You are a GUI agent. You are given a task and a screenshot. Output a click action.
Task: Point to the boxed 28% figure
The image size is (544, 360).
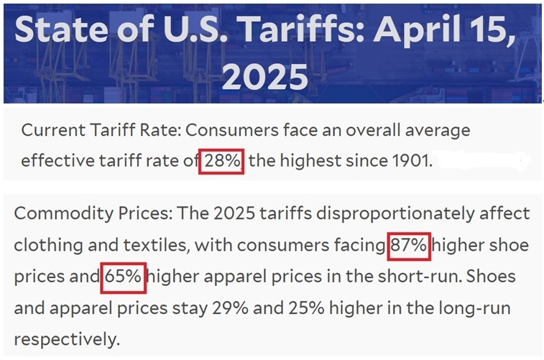tap(222, 161)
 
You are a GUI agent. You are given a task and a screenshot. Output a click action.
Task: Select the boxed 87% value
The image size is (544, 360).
tap(408, 246)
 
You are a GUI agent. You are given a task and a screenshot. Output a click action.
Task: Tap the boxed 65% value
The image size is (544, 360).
tap(124, 277)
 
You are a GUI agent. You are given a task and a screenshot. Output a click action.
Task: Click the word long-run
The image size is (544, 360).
tap(473, 308)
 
